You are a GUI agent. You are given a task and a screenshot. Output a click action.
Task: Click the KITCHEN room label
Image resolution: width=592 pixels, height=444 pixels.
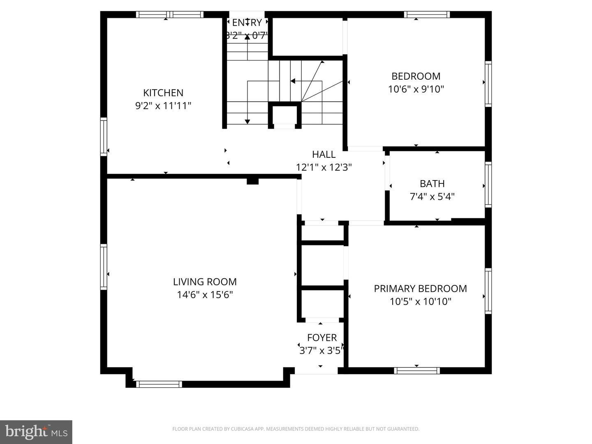point(163,93)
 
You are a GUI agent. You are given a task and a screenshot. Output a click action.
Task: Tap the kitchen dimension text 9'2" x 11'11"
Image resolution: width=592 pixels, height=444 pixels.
point(163,106)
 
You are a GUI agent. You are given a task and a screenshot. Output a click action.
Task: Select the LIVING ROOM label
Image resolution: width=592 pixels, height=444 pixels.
point(205,282)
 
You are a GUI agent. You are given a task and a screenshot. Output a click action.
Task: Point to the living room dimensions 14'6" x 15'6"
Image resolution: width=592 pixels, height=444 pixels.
point(205,295)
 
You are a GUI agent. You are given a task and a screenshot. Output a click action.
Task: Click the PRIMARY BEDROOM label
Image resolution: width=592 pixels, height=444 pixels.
point(420,289)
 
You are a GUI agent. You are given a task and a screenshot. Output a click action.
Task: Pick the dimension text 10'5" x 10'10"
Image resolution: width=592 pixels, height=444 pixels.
point(420,302)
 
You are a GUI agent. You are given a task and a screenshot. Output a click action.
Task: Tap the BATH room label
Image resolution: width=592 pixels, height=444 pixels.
point(432,184)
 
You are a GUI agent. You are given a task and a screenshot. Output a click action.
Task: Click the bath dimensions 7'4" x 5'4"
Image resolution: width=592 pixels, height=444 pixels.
point(432,197)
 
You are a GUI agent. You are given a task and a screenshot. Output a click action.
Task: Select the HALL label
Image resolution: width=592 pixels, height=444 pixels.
point(324,155)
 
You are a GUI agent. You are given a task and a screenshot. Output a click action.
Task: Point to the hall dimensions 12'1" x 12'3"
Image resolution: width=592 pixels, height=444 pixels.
point(324,167)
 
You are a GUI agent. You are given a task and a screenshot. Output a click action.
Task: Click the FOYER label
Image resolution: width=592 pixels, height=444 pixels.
point(322,338)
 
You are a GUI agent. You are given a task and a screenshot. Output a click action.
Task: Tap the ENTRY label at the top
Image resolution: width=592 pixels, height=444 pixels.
point(247,23)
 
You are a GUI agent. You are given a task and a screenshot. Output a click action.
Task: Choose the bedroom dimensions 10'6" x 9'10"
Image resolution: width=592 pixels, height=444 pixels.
point(416,89)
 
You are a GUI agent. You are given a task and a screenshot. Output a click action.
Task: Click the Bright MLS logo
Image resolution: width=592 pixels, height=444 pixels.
point(36,432)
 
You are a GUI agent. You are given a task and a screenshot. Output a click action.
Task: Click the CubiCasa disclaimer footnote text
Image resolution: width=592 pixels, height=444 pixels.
point(296,429)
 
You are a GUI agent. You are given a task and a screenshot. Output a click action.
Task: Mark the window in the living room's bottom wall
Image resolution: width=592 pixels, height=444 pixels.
point(159,384)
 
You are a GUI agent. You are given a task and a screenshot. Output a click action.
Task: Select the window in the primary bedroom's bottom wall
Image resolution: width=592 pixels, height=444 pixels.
point(417,371)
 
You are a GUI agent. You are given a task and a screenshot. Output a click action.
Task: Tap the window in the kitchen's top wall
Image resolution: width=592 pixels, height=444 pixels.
point(170,14)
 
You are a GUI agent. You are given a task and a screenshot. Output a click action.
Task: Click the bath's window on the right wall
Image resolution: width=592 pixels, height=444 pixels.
point(488,185)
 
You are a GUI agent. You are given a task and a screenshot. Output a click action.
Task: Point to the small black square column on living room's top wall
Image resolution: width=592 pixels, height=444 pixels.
point(252,181)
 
